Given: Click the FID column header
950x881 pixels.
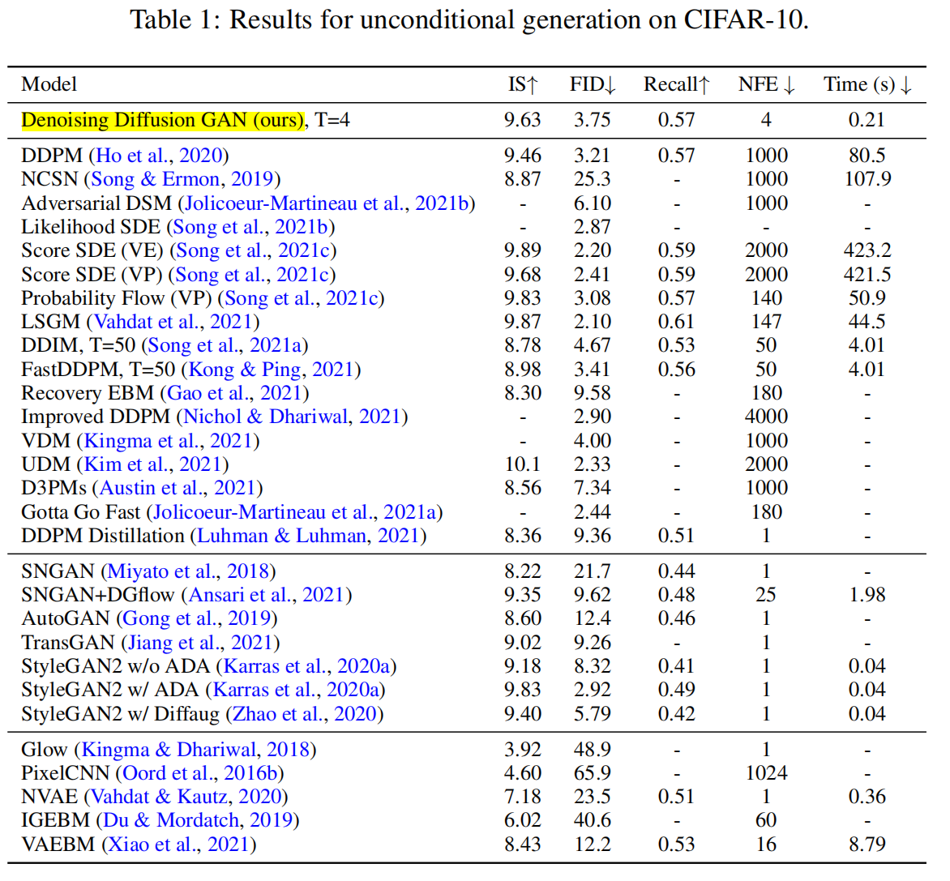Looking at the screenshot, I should tap(593, 84).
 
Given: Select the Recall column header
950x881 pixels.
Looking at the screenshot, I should tap(676, 84).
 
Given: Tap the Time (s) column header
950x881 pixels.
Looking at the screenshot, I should tap(867, 84).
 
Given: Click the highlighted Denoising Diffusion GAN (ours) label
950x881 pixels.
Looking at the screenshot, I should tap(162, 120).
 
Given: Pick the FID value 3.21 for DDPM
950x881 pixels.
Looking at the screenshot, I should tap(592, 156).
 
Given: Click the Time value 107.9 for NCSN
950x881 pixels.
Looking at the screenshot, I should tap(867, 179).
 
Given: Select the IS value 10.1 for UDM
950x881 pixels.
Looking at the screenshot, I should tap(522, 464).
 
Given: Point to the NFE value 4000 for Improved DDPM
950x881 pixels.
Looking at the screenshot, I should tap(766, 417).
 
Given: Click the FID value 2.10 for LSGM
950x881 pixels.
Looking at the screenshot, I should tap(592, 322).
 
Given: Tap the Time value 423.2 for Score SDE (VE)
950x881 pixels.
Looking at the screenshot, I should tap(867, 250).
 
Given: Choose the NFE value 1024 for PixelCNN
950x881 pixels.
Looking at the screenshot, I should tap(766, 773).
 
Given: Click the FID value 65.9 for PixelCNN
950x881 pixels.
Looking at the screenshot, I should tap(592, 773).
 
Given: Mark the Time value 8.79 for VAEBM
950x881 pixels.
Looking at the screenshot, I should tap(867, 845).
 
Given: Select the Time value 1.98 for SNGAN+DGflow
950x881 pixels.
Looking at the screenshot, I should tap(867, 595).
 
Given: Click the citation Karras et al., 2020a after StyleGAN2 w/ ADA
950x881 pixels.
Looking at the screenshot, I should tap(296, 690).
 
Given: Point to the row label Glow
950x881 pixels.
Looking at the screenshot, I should tap(44, 750).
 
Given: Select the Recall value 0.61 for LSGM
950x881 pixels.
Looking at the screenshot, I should tap(676, 322).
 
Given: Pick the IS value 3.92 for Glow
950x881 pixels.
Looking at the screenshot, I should tap(522, 750).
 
